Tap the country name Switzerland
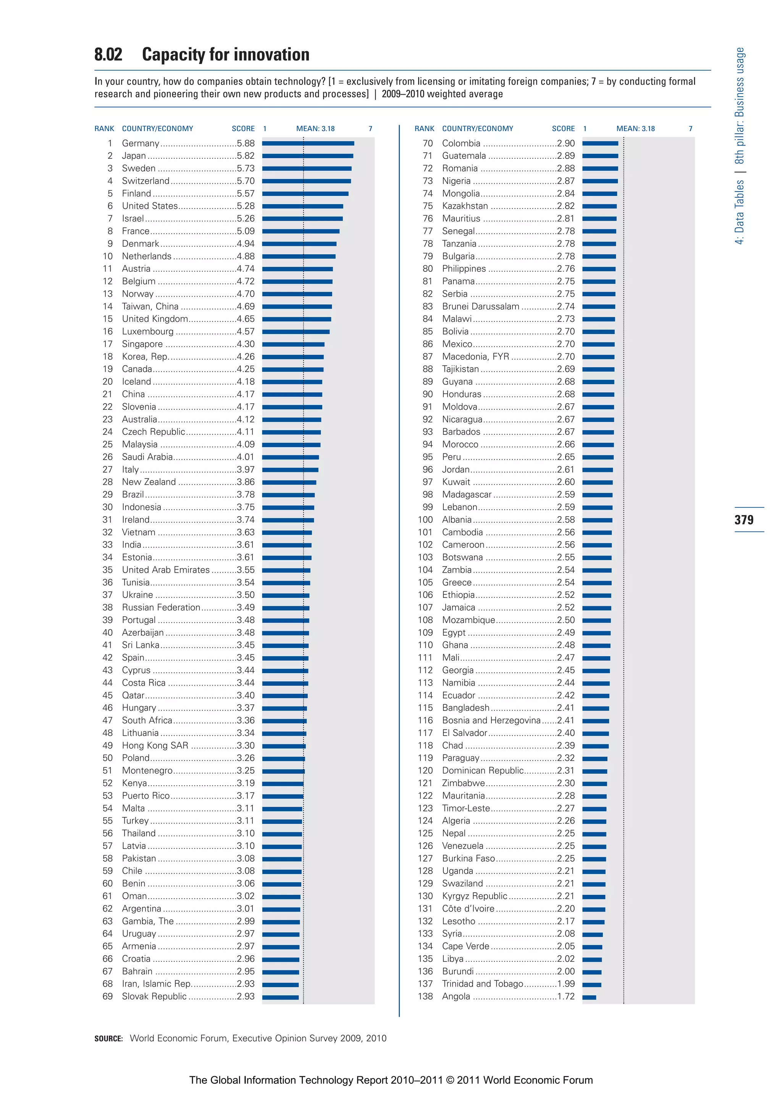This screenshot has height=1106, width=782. point(145,181)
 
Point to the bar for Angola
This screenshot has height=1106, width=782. point(589,997)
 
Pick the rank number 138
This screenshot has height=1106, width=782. point(425,996)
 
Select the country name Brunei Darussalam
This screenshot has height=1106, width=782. point(480,306)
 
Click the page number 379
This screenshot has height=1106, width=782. point(744,520)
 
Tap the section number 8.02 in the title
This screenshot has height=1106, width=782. point(108,55)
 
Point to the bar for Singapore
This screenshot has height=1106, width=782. point(293,344)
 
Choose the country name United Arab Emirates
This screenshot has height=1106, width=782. point(166,570)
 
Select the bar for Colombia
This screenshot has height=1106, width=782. point(600,143)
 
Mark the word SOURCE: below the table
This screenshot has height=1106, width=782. point(108,1038)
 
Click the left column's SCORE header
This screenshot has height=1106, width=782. point(243,129)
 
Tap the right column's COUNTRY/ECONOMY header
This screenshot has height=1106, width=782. point(478,129)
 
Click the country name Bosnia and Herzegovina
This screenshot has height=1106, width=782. point(491,720)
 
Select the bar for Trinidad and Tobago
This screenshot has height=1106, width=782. point(592,985)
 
